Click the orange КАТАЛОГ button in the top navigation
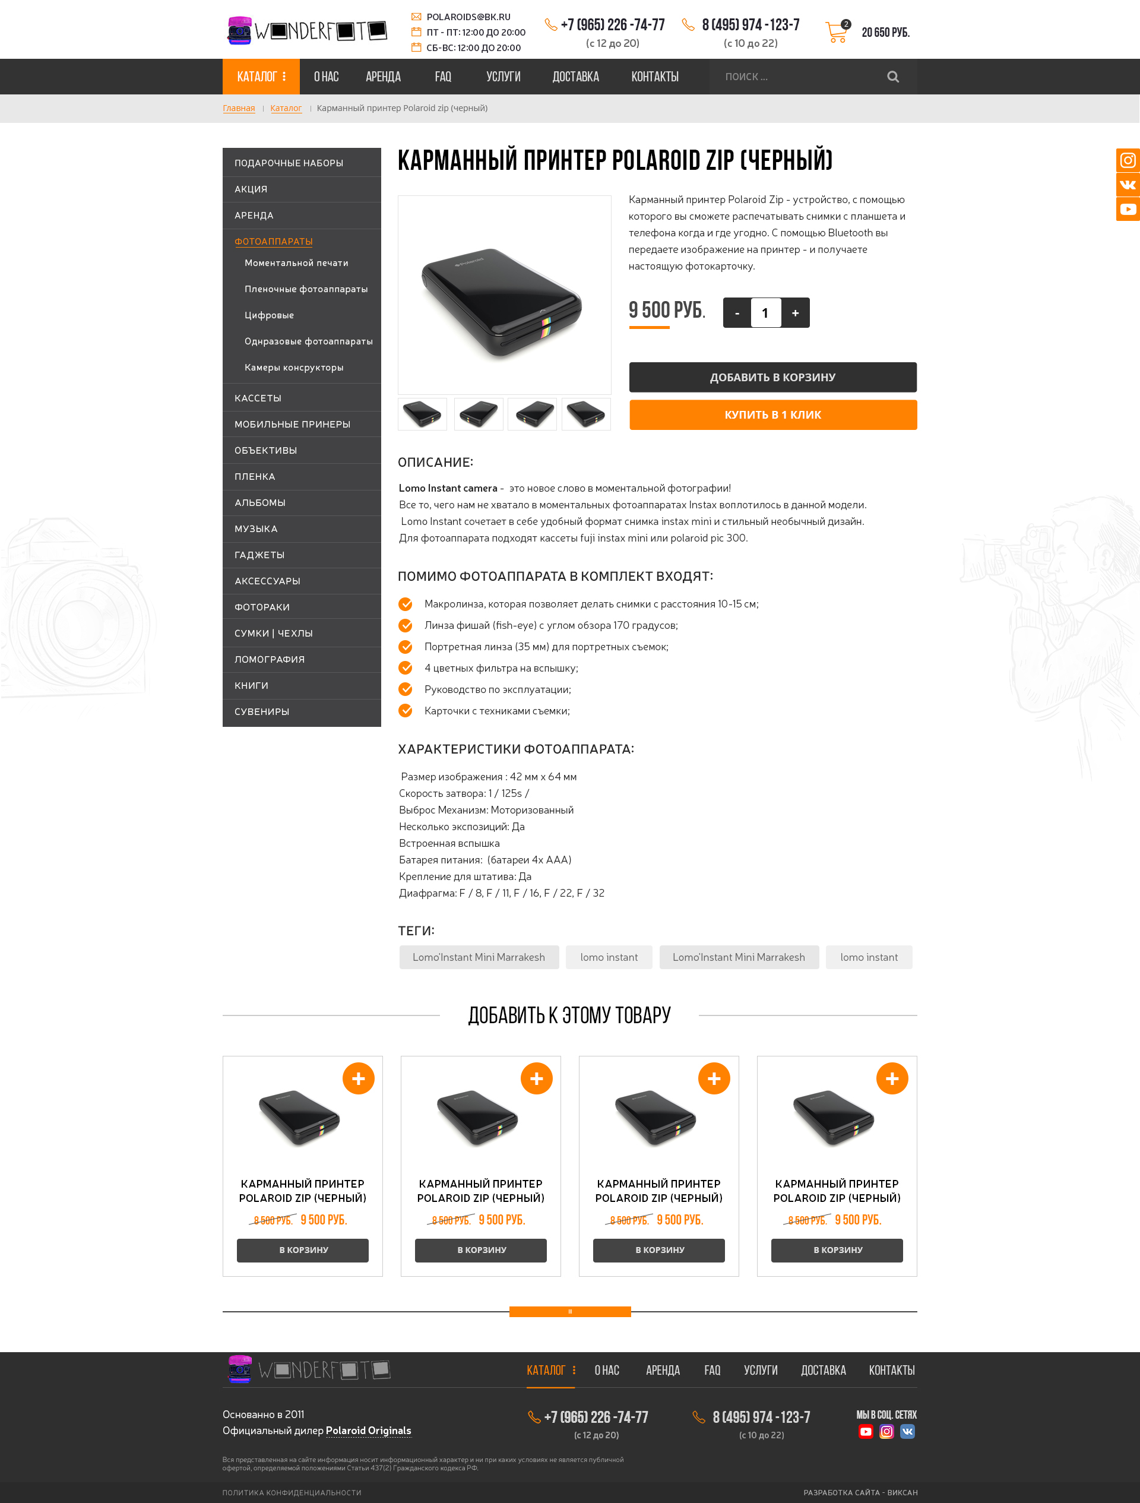261,77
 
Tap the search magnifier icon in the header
893,77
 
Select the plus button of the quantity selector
795,313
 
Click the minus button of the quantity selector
737,313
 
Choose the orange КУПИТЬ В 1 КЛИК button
772,414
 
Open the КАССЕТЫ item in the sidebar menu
258,398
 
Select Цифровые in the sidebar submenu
269,315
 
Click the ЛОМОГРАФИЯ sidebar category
270,660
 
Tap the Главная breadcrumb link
239,108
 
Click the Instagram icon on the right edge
1128,160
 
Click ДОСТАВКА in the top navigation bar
575,77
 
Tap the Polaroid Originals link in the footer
368,1431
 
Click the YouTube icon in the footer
866,1432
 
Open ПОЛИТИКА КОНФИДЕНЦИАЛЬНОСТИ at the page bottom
292,1493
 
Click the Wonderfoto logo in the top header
306,30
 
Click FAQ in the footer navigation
712,1371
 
